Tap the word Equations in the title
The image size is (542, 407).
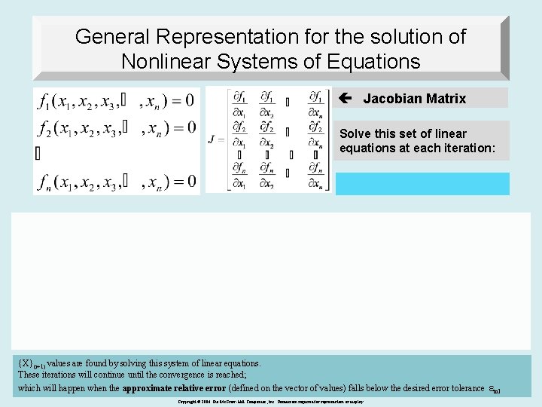click(x=370, y=61)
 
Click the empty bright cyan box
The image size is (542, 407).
click(x=422, y=184)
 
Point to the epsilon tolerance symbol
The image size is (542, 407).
click(x=493, y=389)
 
